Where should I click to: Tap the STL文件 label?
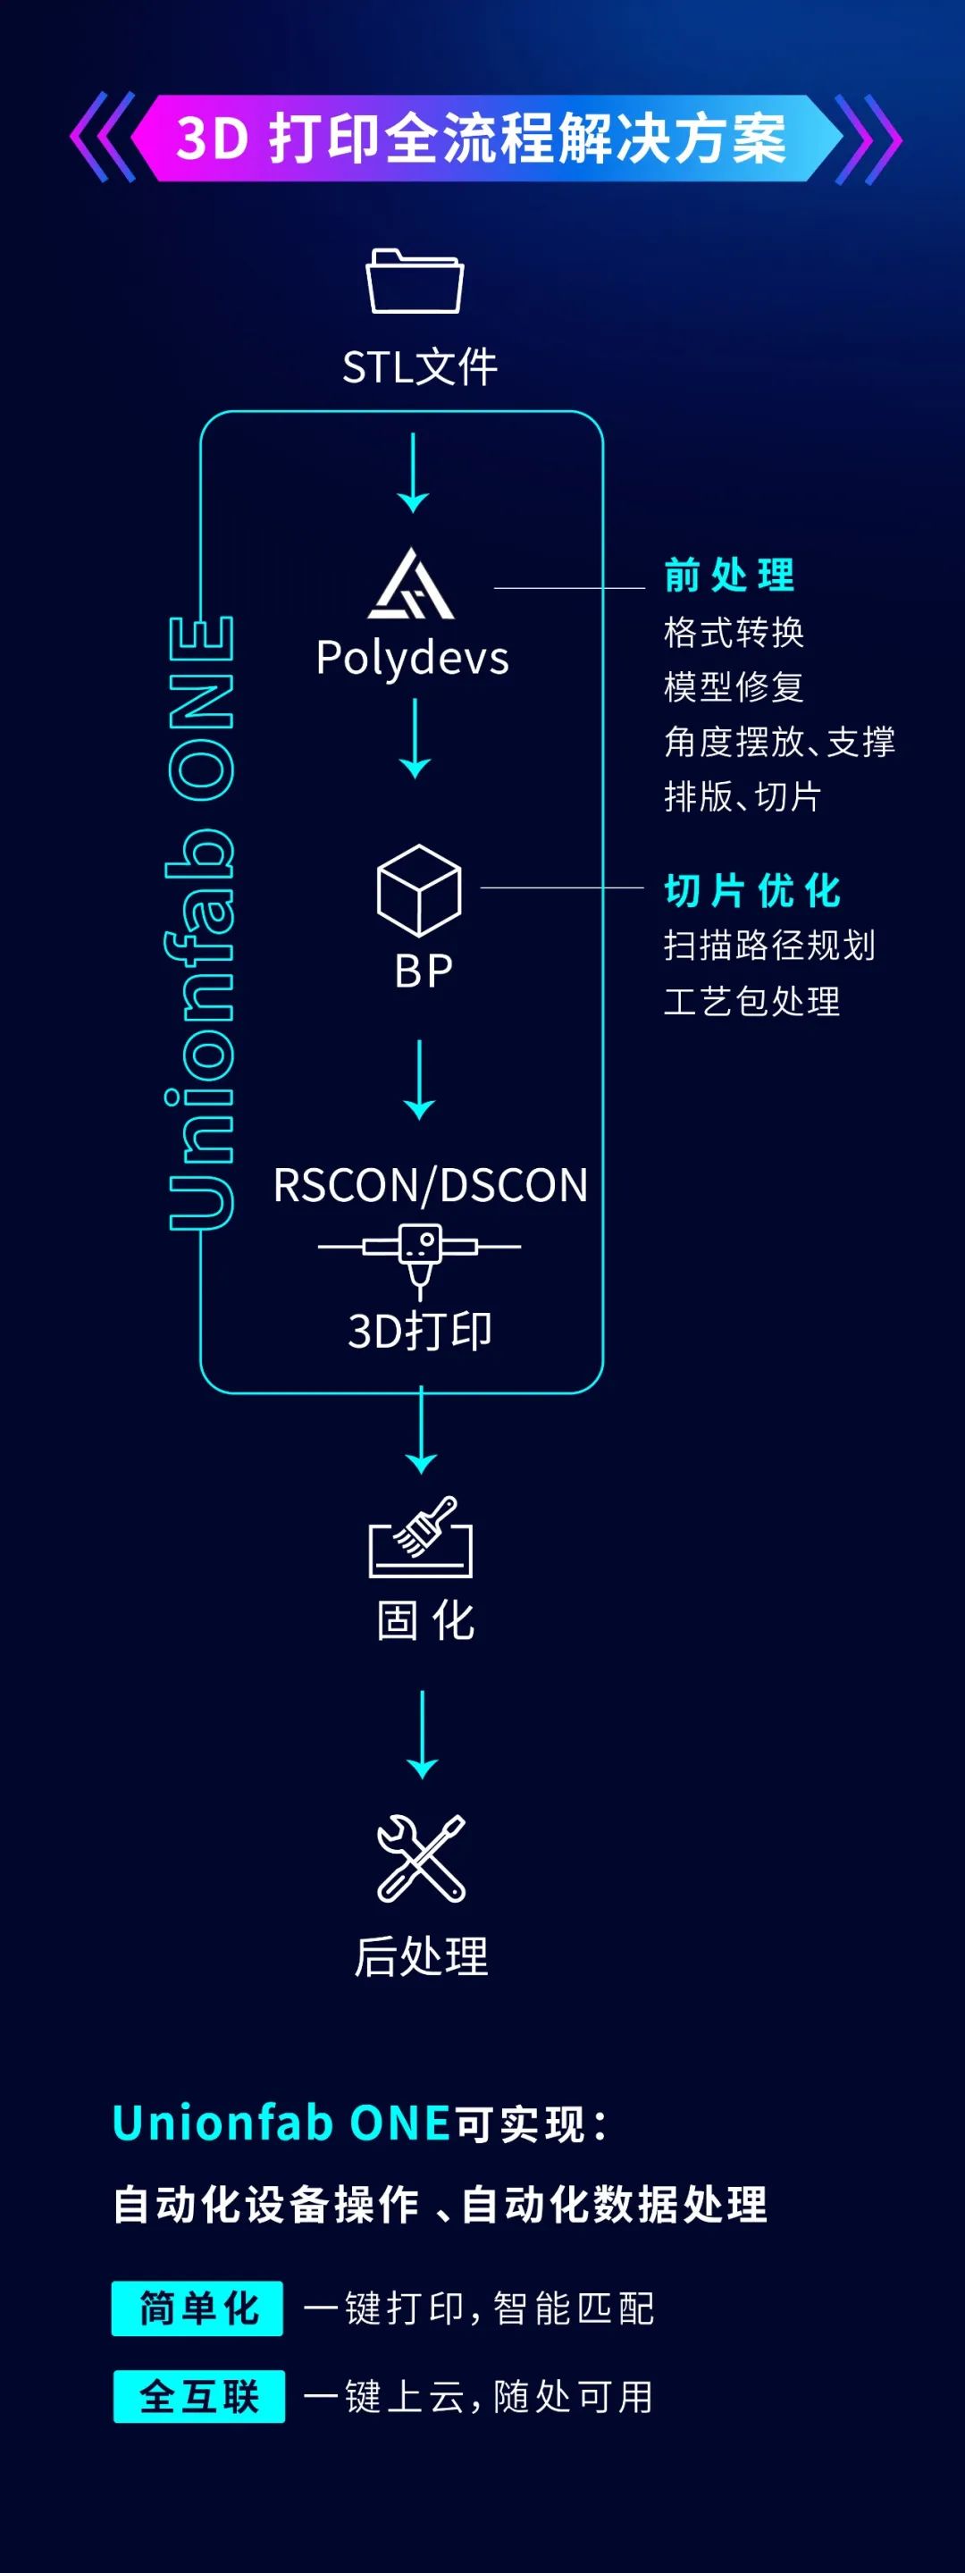(420, 367)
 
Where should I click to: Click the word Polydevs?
(413, 659)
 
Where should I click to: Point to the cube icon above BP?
(418, 890)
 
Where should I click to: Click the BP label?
(424, 971)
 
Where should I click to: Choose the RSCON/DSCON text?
(431, 1186)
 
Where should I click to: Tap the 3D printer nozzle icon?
(420, 1257)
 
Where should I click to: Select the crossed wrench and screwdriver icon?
(421, 1858)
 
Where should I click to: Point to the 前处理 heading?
(729, 576)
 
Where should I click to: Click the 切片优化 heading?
(752, 890)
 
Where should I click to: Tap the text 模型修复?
(734, 687)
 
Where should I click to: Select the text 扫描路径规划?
(769, 945)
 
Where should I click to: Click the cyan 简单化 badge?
(197, 2308)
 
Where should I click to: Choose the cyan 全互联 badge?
(198, 2396)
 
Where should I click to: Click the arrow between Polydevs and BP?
(415, 738)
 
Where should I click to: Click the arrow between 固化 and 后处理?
(423, 1733)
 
